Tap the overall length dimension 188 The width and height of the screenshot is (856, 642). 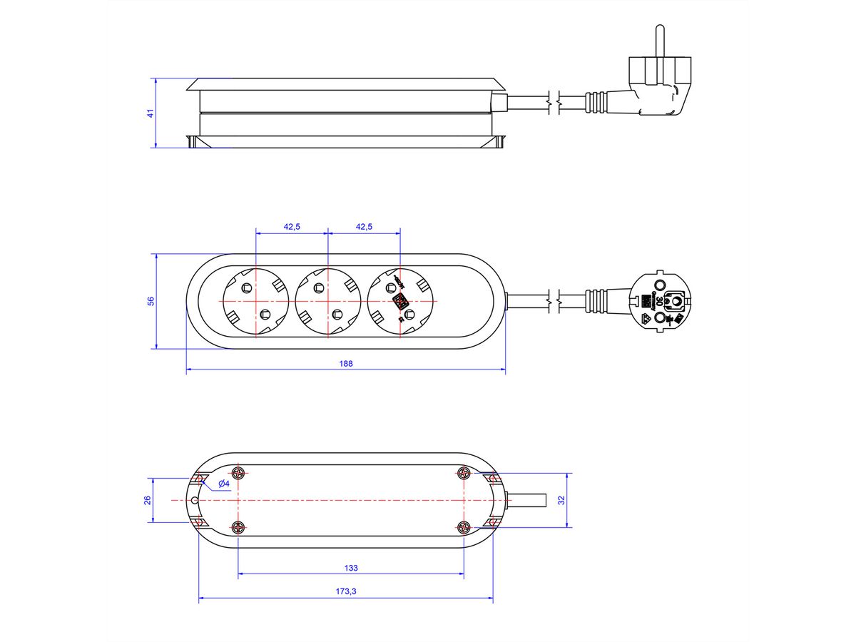pos(346,363)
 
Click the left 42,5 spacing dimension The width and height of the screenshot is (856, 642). pos(292,226)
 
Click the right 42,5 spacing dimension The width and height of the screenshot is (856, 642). pos(364,226)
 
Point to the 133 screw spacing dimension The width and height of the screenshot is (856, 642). pos(350,568)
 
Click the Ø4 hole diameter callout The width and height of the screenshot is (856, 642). pos(222,484)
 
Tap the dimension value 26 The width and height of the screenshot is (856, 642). pos(148,500)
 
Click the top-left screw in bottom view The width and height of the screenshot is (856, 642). pos(238,473)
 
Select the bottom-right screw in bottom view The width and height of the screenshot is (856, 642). pos(464,528)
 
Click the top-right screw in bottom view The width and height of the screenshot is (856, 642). pos(464,473)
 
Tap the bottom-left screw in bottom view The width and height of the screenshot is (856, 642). pos(238,528)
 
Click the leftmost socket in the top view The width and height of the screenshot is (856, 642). pos(255,301)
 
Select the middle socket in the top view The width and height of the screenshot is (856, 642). pos(328,301)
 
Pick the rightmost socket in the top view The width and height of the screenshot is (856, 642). pos(400,301)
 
